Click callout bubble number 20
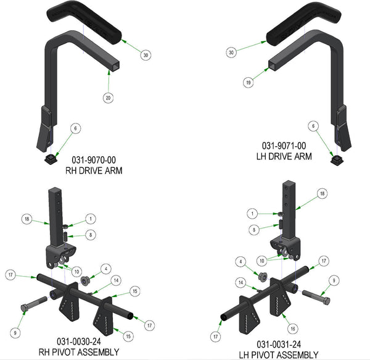108,98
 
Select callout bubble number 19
249,83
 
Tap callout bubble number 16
293,329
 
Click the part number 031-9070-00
94,160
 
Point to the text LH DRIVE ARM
284,156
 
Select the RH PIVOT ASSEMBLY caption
79,352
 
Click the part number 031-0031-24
279,345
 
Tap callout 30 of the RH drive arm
146,55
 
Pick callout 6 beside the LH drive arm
313,126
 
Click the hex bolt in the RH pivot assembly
34,303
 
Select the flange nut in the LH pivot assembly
263,277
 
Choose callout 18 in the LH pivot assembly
322,194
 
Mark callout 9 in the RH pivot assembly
15,333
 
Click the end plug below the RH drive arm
51,159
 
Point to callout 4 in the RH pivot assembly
106,269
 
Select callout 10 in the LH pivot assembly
262,261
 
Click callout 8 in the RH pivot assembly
91,235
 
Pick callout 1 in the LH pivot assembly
252,214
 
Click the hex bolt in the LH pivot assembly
316,297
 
